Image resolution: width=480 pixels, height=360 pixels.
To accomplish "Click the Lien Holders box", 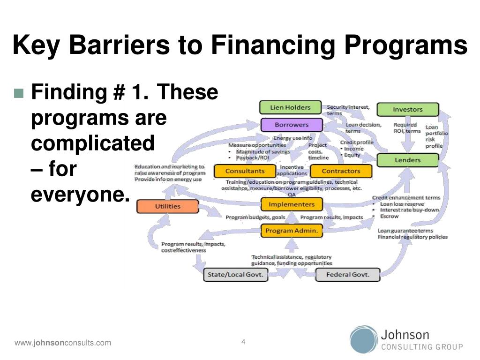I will pyautogui.click(x=290, y=107).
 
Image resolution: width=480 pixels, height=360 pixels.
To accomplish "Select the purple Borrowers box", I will pyautogui.click(x=292, y=125).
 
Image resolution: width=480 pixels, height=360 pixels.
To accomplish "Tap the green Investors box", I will pyautogui.click(x=407, y=109).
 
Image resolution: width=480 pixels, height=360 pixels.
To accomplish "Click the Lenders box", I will pyautogui.click(x=407, y=160).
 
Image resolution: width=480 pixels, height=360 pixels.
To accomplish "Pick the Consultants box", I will pyautogui.click(x=245, y=171).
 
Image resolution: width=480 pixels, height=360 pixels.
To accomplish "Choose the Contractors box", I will pyautogui.click(x=341, y=171).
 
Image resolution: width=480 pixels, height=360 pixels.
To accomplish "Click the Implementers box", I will pyautogui.click(x=292, y=204).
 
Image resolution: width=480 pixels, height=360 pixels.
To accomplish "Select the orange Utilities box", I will pyautogui.click(x=167, y=206).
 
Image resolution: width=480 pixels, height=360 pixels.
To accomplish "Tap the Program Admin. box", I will pyautogui.click(x=292, y=231).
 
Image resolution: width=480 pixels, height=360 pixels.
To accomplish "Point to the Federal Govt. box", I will pyautogui.click(x=347, y=275).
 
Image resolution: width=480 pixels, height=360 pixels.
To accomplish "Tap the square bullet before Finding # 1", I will pyautogui.click(x=18, y=93).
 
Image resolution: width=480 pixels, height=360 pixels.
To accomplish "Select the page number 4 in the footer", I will pyautogui.click(x=243, y=342).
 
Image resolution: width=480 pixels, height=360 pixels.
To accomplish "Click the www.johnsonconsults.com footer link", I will pyautogui.click(x=63, y=343).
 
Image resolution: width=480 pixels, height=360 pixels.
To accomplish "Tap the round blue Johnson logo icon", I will pyautogui.click(x=363, y=339).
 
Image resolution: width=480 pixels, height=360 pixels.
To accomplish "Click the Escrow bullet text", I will pyautogui.click(x=389, y=217).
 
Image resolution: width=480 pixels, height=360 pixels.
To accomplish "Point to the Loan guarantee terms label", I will pyautogui.click(x=405, y=231).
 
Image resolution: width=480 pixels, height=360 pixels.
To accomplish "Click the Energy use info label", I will pyautogui.click(x=292, y=138).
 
